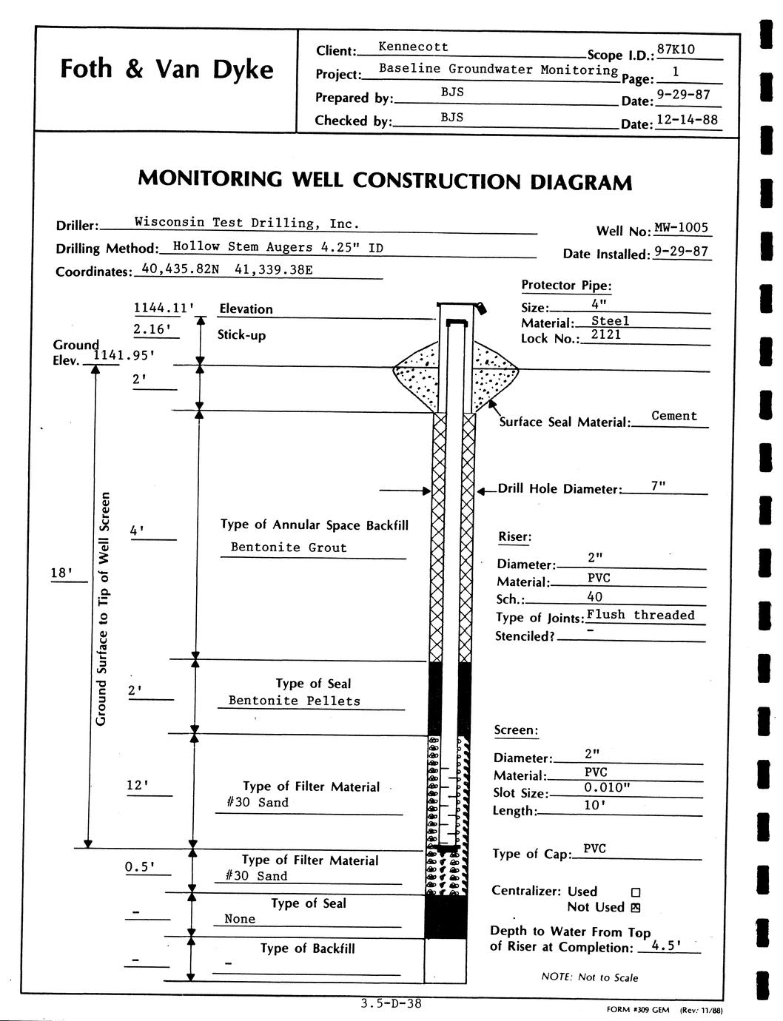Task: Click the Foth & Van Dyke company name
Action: tap(167, 69)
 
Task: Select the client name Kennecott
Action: tap(413, 47)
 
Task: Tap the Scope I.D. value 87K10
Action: tap(676, 50)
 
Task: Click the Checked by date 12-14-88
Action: tap(687, 119)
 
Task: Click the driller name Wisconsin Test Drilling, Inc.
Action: tap(246, 223)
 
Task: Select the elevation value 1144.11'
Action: tap(163, 309)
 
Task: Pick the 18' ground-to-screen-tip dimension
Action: tap(62, 573)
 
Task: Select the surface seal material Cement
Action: tap(673, 416)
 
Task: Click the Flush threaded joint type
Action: tap(640, 615)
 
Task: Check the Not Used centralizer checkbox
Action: tap(635, 907)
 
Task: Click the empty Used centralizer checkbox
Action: tap(635, 892)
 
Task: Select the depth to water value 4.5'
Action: tap(666, 945)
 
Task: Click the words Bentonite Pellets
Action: tap(295, 701)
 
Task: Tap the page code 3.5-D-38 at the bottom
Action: tap(391, 1004)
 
